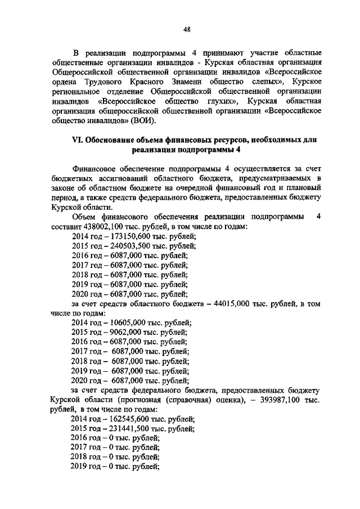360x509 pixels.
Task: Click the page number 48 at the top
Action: (187, 30)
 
